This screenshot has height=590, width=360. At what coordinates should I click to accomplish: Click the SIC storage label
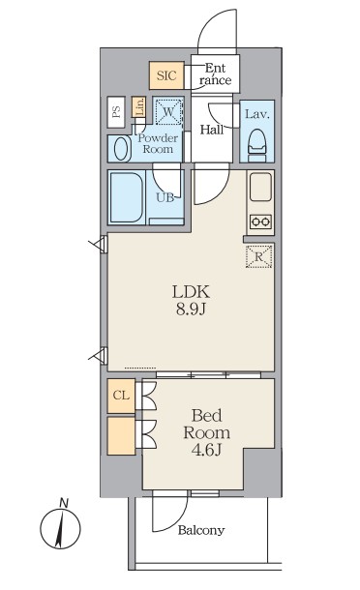coord(166,75)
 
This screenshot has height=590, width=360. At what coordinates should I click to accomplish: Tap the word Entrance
coord(216,74)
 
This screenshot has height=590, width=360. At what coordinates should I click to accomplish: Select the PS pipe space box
coord(116,112)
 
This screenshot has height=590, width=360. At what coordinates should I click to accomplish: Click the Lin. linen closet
coord(138,107)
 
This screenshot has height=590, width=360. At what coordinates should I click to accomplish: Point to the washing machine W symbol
coord(168,111)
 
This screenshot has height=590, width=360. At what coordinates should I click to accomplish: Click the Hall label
coord(212,131)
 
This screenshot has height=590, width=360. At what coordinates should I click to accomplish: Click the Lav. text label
coord(257,114)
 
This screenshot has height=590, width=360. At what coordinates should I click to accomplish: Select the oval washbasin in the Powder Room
coord(121,149)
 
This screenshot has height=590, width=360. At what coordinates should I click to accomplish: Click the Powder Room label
coord(158,144)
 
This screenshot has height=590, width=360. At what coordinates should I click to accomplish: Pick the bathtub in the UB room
coord(126,197)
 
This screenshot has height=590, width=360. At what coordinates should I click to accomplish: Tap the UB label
coord(165,197)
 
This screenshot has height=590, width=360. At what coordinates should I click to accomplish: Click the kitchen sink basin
coord(260,187)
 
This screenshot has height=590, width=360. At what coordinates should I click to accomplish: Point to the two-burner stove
coord(261,221)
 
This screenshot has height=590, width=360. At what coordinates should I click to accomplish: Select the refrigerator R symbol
coord(258,256)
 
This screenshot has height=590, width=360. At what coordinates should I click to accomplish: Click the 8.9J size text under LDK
coord(191,310)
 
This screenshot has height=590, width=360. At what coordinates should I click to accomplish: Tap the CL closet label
coord(121,396)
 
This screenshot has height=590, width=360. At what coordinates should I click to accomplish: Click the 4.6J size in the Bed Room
coord(206,450)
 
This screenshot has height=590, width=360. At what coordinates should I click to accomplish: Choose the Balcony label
coord(201,531)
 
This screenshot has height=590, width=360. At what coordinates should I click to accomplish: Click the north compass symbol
coord(60,525)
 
